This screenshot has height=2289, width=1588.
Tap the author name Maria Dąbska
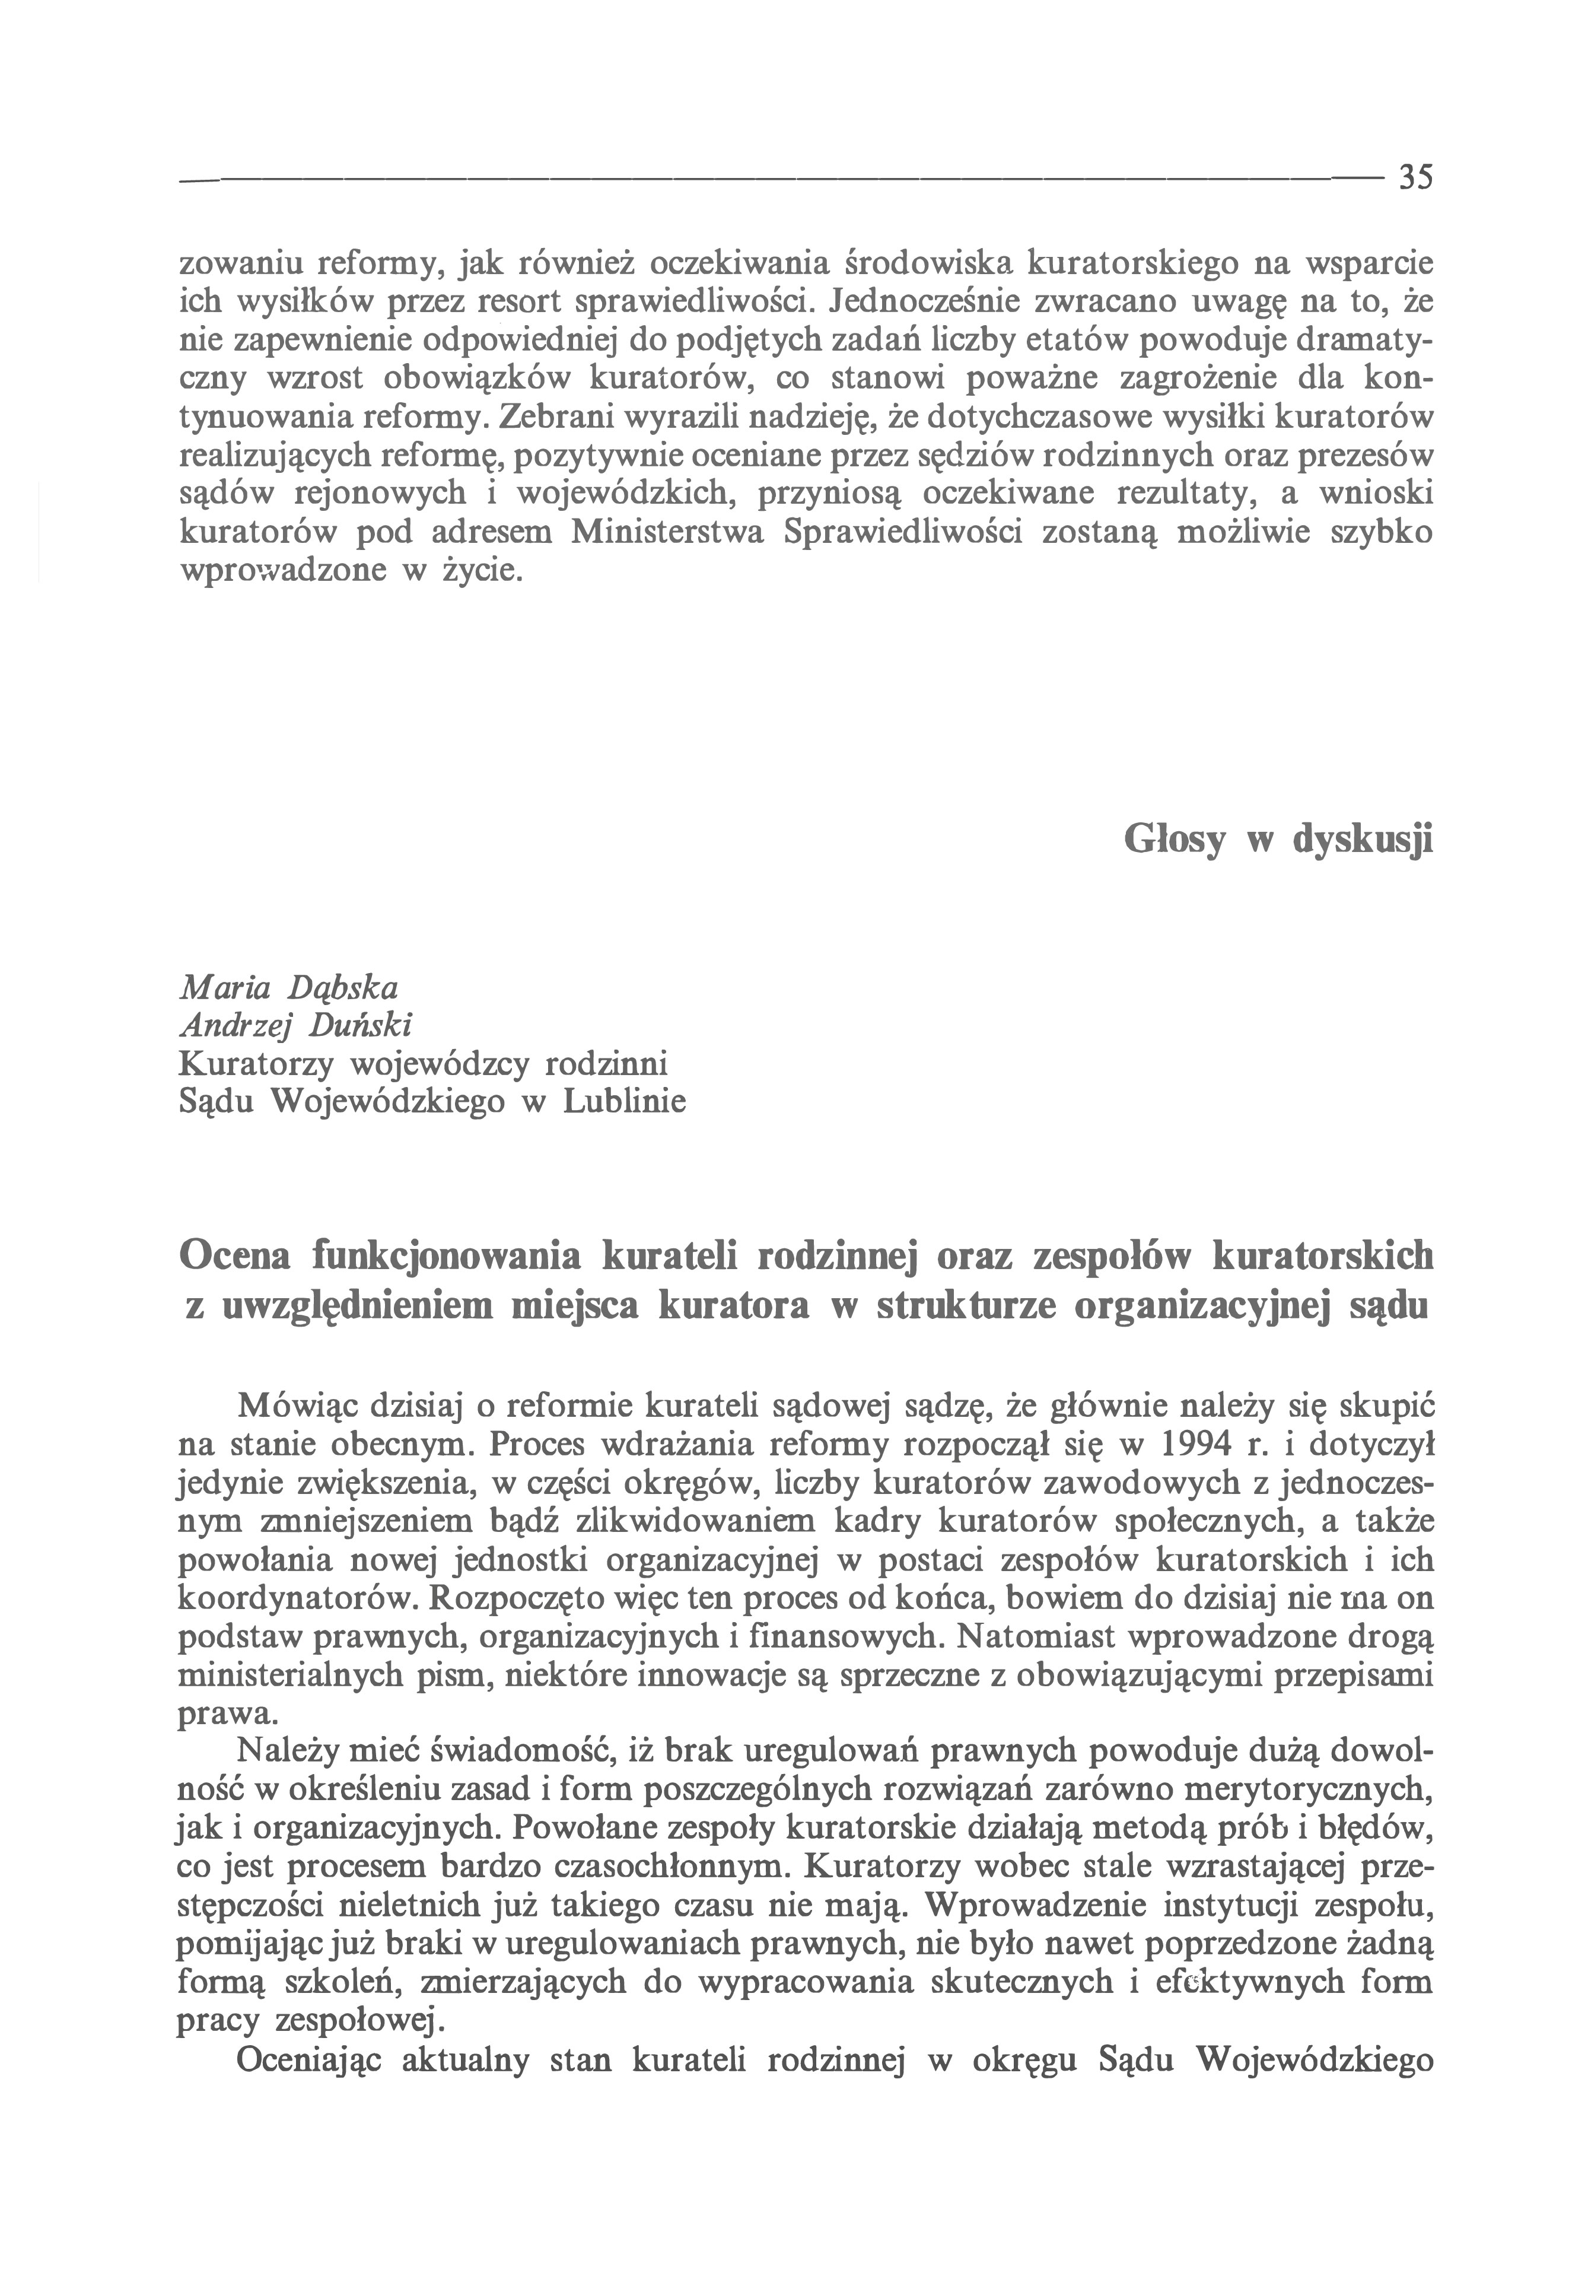(x=288, y=988)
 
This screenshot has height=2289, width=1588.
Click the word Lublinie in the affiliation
(x=624, y=1103)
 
